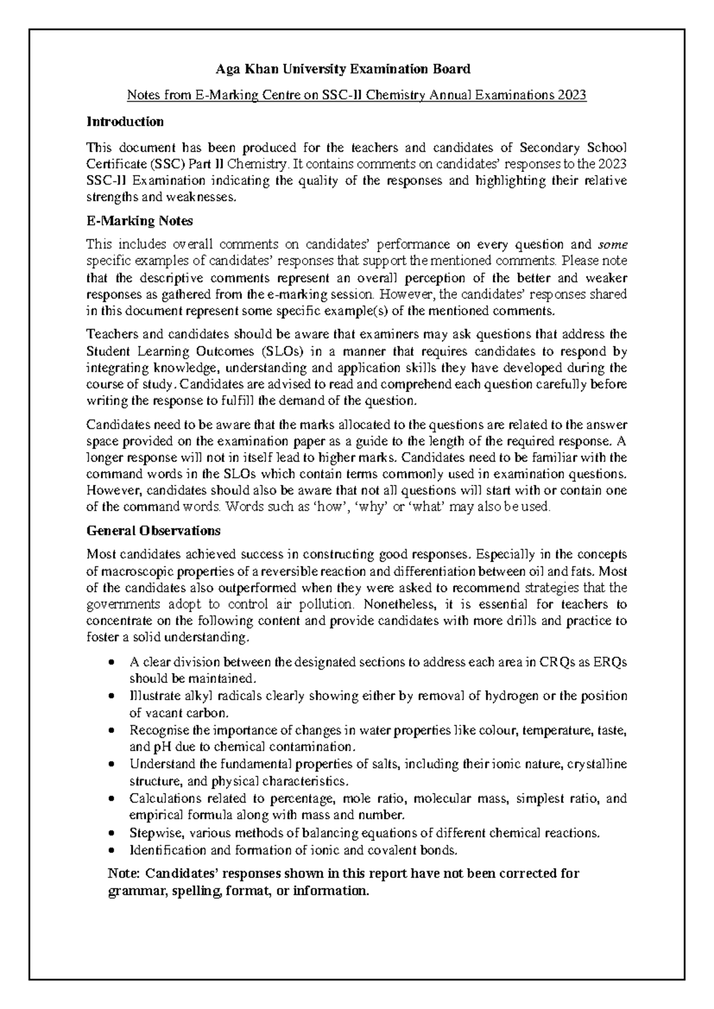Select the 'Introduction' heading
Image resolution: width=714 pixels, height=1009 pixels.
pyautogui.click(x=125, y=122)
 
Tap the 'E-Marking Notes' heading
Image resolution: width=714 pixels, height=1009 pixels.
pyautogui.click(x=139, y=221)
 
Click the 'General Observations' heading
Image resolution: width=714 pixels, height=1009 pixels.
pyautogui.click(x=154, y=530)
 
